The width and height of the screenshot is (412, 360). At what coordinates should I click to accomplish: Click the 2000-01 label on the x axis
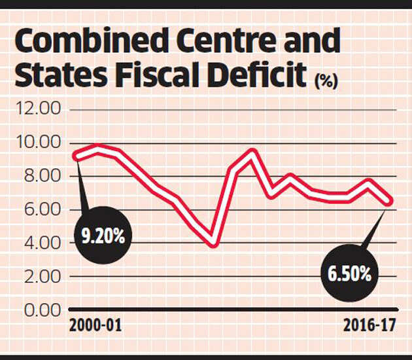pyautogui.click(x=95, y=325)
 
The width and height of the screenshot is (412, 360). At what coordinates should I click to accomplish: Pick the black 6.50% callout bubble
pyautogui.click(x=347, y=273)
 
